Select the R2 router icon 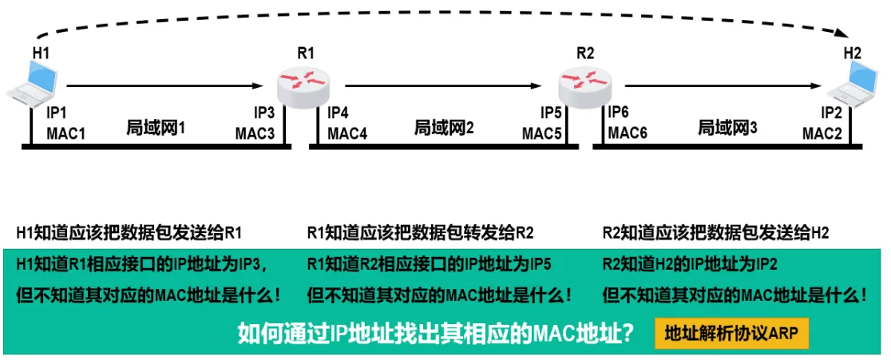tap(584, 81)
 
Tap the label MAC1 tap(65, 133)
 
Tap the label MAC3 tap(255, 133)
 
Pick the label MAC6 tap(628, 132)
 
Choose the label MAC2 tap(822, 133)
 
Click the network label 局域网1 tap(156, 126)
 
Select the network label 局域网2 tap(444, 126)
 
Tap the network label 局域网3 tap(727, 126)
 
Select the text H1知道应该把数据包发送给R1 tap(129, 233)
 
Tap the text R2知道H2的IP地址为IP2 tap(690, 264)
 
